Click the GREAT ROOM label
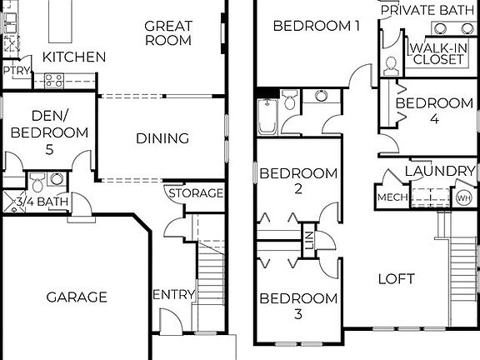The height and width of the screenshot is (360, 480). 167,32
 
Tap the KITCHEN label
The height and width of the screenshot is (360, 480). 74,57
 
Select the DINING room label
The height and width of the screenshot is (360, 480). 162,138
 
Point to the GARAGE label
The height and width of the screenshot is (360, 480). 77,297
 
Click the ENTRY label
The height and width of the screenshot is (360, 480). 174,295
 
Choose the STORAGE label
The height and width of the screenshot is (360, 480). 197,193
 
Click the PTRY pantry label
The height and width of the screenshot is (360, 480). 16,72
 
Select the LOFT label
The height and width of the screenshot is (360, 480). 396,278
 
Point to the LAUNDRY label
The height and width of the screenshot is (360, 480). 439,172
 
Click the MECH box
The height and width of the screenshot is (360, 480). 391,197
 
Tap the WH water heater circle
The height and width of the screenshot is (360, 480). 462,198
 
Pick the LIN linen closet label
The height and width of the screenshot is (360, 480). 308,242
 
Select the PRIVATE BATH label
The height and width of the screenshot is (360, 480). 429,11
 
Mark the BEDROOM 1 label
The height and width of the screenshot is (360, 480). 316,26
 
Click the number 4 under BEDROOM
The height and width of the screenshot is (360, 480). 434,119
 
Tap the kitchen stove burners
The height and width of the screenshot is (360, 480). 54,80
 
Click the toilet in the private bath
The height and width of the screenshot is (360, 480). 390,65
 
